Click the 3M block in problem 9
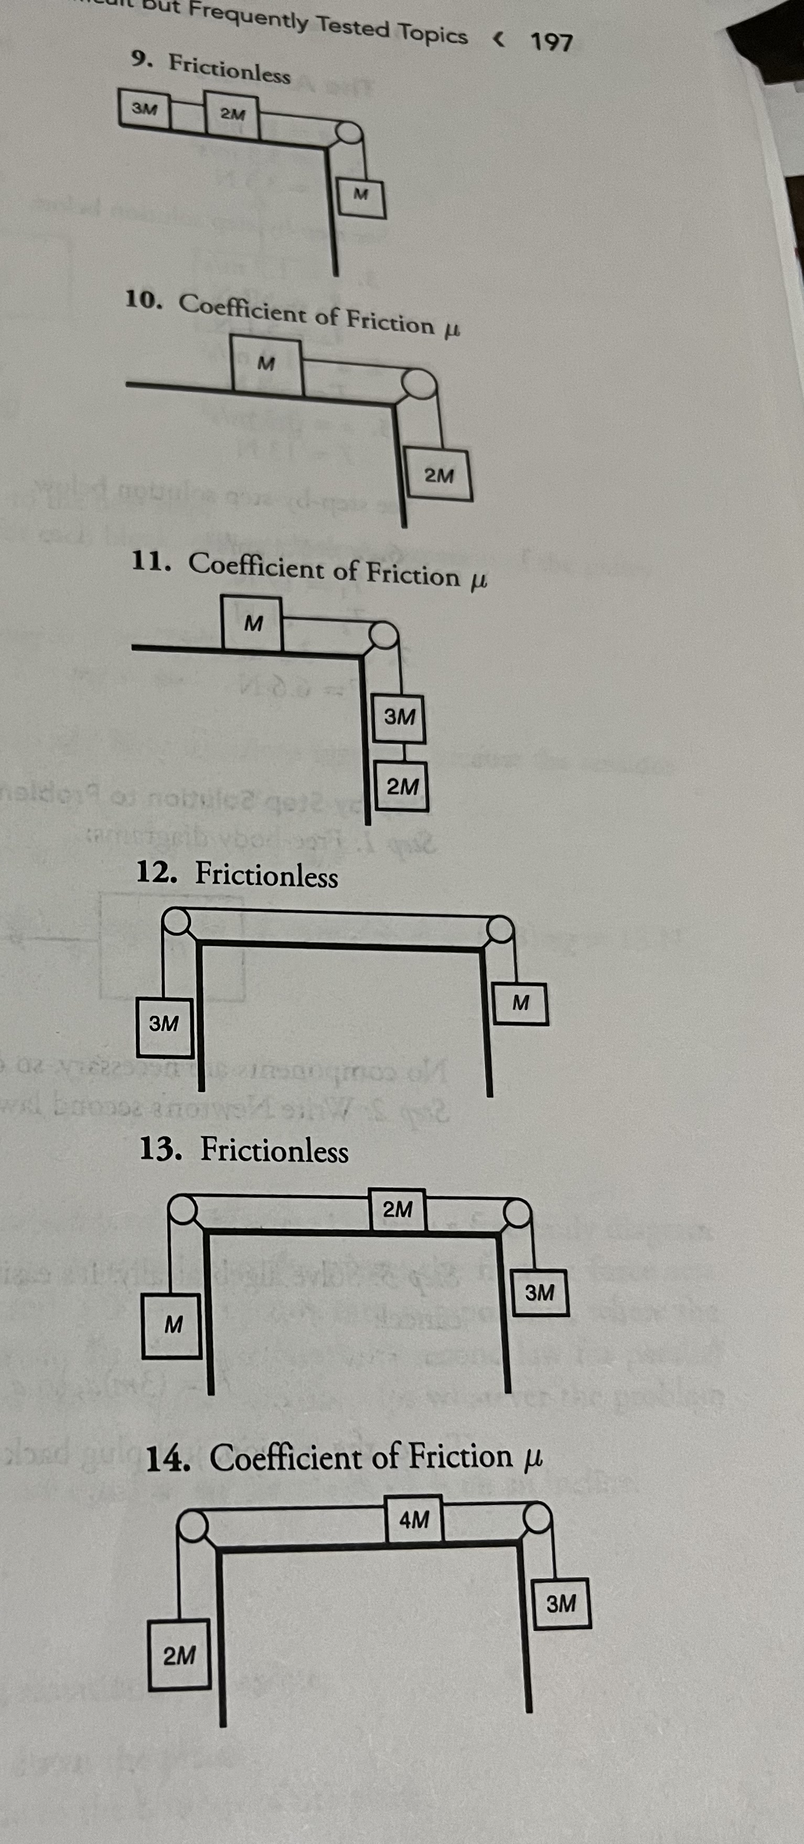click(x=145, y=109)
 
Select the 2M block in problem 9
click(x=232, y=114)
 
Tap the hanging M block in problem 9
click(x=361, y=194)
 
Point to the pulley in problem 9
click(x=349, y=133)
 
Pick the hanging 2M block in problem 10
click(x=438, y=474)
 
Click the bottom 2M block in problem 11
click(x=402, y=787)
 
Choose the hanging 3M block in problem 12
click(x=165, y=1026)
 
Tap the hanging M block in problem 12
click(x=520, y=1003)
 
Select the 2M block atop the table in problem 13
click(x=398, y=1210)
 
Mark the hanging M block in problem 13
click(x=172, y=1325)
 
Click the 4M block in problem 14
click(x=414, y=1518)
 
